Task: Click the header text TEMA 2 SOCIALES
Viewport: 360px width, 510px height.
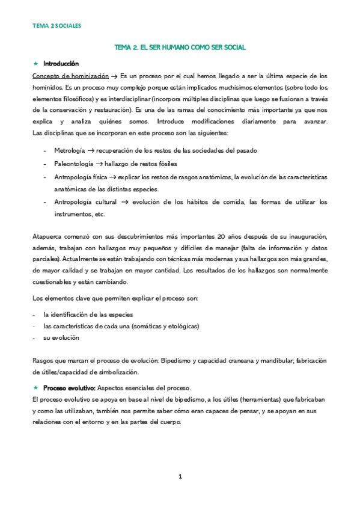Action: pyautogui.click(x=56, y=26)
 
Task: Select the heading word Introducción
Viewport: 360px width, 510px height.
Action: pyautogui.click(x=61, y=64)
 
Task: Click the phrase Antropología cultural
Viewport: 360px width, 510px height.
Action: pyautogui.click(x=85, y=202)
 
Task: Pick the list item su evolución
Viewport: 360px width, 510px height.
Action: pyautogui.click(x=61, y=338)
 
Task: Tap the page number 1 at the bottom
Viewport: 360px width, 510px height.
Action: pyautogui.click(x=180, y=476)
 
